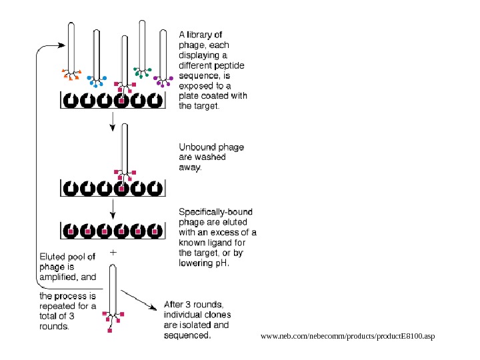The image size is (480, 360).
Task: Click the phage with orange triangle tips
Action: (x=71, y=50)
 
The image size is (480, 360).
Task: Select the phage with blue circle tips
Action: (x=97, y=57)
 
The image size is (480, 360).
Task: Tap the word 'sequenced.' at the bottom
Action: (x=187, y=336)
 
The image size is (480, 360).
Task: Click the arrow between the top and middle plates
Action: (x=113, y=120)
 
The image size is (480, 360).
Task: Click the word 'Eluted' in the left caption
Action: (x=53, y=255)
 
